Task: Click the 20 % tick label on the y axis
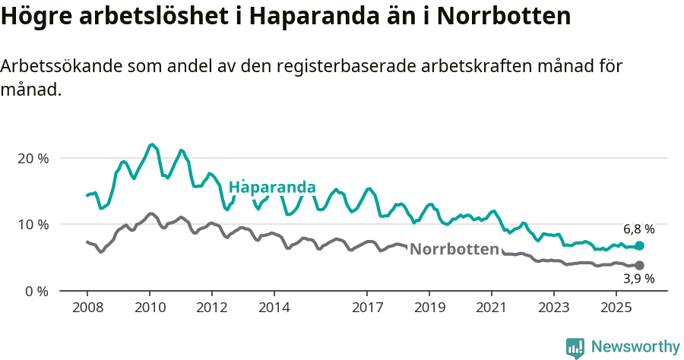click(x=33, y=158)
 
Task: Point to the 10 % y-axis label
click(x=33, y=224)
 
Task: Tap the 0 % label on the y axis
click(x=36, y=291)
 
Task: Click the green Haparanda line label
click(x=272, y=187)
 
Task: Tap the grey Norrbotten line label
click(x=454, y=249)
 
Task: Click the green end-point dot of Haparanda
click(x=639, y=246)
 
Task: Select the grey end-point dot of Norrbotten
click(x=639, y=265)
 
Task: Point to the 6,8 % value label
click(x=638, y=229)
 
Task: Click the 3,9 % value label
click(x=638, y=279)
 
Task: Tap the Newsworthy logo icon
click(x=575, y=348)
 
